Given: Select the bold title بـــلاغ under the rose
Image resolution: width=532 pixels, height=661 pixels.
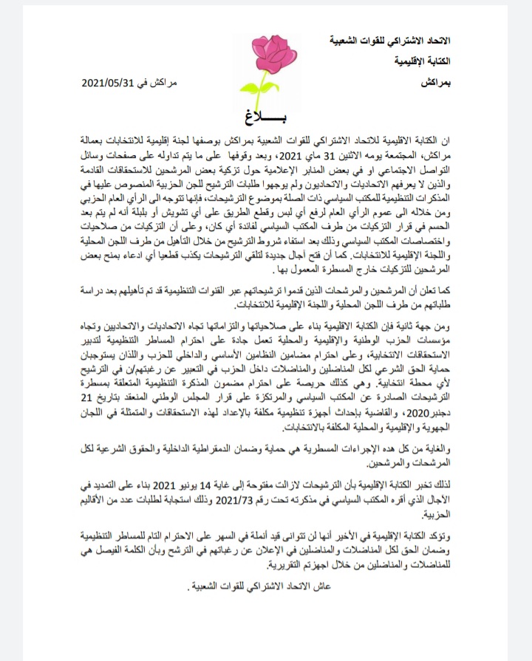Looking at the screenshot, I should click(263, 116).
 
